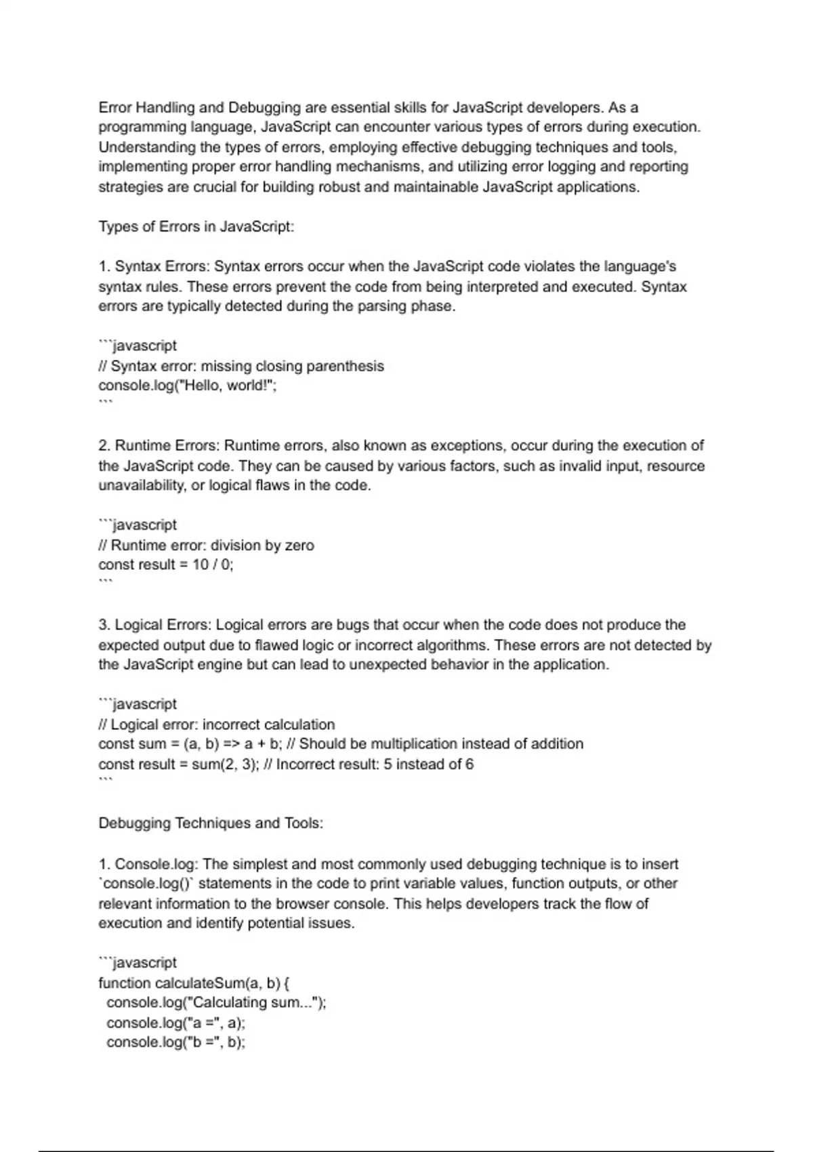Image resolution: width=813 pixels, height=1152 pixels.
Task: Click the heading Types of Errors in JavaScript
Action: [x=196, y=226]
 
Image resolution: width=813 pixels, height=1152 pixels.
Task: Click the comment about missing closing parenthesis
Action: [x=241, y=366]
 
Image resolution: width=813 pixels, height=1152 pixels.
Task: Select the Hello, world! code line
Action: [x=188, y=386]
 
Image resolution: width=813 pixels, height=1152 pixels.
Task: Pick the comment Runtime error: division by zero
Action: [x=206, y=545]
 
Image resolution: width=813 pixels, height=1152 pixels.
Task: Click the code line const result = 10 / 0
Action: [x=166, y=564]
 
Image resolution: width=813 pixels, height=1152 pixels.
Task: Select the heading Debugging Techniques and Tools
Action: [x=211, y=823]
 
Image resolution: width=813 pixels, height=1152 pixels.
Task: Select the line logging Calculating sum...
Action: [x=216, y=1002]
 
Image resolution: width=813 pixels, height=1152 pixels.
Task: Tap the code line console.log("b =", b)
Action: [x=175, y=1042]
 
